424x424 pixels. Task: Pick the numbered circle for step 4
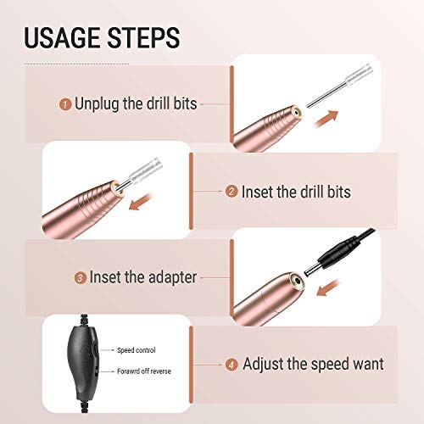pyautogui.click(x=231, y=365)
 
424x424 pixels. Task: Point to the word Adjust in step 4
pyautogui.click(x=266, y=365)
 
